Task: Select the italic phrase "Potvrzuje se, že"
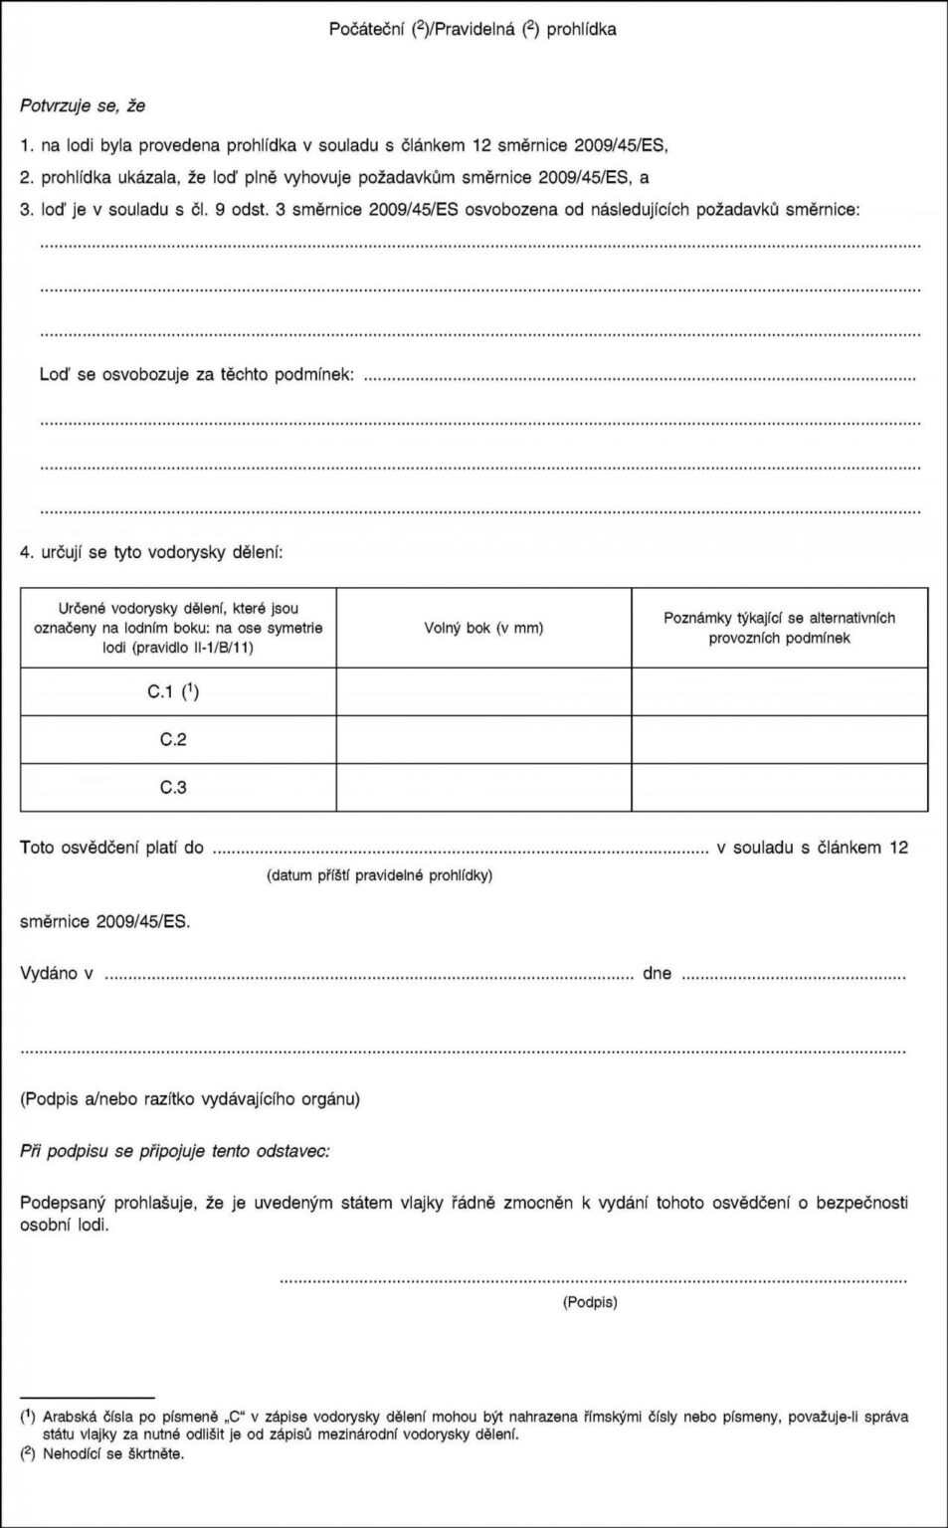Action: click(84, 104)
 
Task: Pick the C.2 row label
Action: click(173, 739)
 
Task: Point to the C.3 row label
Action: click(173, 788)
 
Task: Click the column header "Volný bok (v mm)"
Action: click(483, 628)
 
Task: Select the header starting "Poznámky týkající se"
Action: click(779, 628)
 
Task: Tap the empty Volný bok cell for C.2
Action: click(483, 739)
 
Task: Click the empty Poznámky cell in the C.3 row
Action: click(779, 788)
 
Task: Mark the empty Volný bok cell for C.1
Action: click(483, 690)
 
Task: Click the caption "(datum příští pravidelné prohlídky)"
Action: click(379, 875)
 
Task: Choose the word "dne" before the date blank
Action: click(657, 973)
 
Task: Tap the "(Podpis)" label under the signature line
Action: click(590, 1301)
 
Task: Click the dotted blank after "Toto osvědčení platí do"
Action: click(460, 850)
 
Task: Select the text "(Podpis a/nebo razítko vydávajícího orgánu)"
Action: click(190, 1099)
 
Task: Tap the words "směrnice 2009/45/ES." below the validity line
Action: click(105, 921)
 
